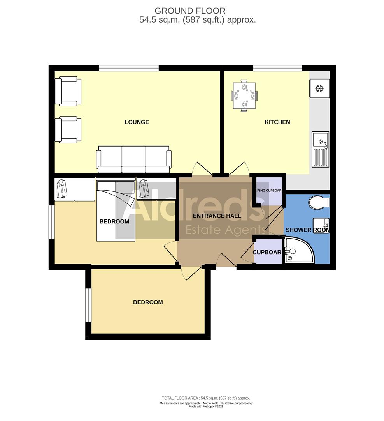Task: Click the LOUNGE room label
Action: [137, 122]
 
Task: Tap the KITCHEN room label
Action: [277, 122]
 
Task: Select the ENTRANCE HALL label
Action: [217, 216]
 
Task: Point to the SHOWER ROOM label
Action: [307, 230]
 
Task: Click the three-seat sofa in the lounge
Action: [134, 159]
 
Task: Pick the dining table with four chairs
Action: [244, 96]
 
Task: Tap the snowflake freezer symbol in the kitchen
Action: [319, 88]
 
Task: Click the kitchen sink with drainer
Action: [320, 149]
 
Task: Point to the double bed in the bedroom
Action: [116, 210]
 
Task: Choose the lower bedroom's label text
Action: [148, 302]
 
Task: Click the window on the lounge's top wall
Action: [129, 68]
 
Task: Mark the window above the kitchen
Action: [277, 68]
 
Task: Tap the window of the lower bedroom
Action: [88, 305]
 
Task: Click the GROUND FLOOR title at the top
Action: [190, 11]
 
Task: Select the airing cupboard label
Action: [268, 191]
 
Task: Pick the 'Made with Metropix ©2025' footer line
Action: [206, 406]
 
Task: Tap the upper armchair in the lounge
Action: [68, 91]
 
